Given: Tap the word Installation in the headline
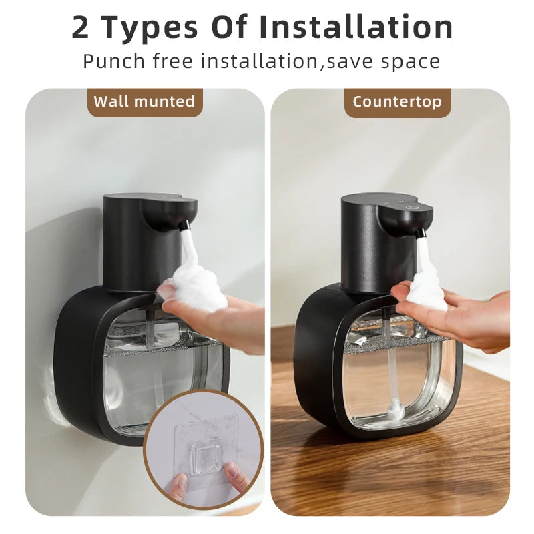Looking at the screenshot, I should (356, 28).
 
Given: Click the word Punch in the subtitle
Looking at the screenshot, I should (113, 61).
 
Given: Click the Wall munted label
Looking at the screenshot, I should (144, 102).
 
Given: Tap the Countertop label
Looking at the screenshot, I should (397, 102).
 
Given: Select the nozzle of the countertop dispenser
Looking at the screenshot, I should (421, 234).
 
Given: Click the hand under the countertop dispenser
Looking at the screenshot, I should (467, 320).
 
